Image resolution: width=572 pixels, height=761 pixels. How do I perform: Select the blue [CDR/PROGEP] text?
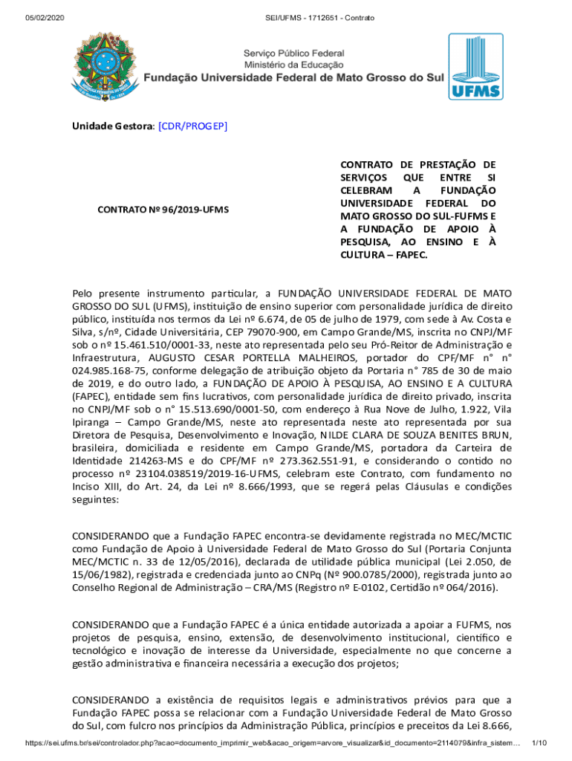pos(192,126)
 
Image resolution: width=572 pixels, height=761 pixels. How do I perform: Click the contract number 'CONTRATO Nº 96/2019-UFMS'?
pos(163,210)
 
